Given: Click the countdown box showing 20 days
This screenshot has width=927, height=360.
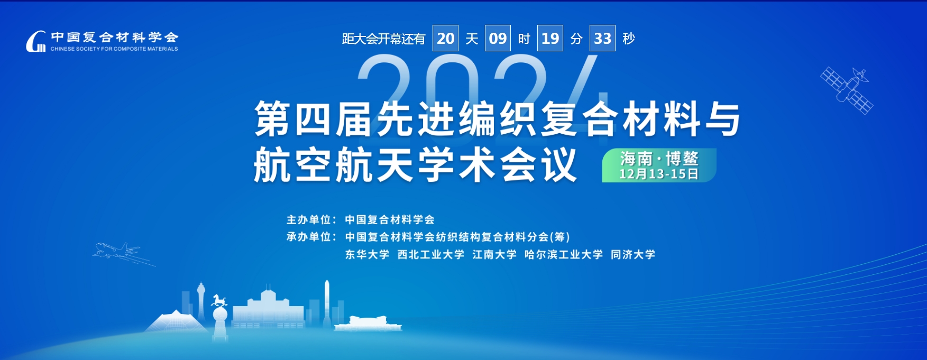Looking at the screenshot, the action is [445, 38].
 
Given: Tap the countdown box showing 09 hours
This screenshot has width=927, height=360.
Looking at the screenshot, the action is [498, 38].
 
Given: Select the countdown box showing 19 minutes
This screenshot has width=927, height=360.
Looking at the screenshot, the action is [550, 38].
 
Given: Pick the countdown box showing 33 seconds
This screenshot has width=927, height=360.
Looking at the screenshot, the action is [602, 38].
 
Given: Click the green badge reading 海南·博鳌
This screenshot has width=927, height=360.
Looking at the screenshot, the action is [659, 165].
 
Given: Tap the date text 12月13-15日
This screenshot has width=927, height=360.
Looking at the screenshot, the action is [659, 174].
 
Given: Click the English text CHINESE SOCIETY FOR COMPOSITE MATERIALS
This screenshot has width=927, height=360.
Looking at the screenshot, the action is [114, 49].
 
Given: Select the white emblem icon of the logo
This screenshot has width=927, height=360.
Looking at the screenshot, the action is [36, 41].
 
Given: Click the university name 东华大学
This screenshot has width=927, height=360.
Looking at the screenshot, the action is [367, 254].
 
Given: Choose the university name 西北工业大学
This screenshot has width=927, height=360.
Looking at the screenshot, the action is [431, 254].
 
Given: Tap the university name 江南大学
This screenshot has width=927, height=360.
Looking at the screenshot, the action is [494, 254].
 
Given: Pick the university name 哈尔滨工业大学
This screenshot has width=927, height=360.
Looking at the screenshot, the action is [564, 254].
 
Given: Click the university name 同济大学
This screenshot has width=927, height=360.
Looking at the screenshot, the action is [633, 254].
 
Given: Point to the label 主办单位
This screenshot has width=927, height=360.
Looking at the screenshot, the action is [308, 219].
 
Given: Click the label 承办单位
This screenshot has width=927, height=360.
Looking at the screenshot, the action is [308, 237].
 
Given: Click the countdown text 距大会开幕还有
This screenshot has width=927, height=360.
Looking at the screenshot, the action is [383, 39].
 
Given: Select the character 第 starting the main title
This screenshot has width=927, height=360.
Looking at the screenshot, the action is [272, 119].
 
